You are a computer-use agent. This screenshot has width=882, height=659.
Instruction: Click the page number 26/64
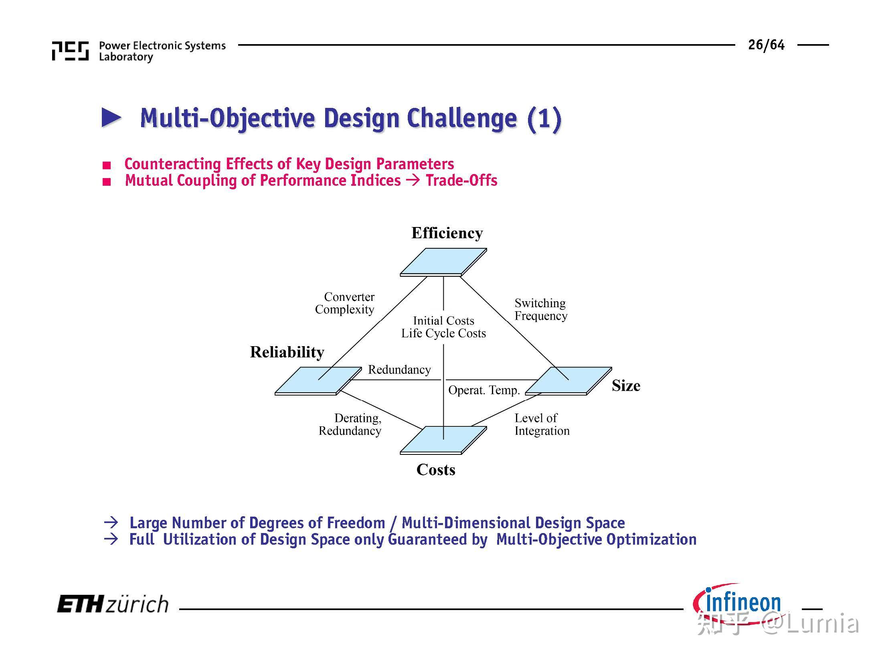click(x=766, y=45)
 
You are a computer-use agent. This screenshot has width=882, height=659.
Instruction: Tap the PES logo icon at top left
click(x=70, y=51)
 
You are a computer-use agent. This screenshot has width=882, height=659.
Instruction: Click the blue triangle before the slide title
click(x=111, y=118)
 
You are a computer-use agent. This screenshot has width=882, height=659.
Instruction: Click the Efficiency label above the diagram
click(x=447, y=233)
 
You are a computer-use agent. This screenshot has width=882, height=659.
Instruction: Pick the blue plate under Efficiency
click(x=443, y=261)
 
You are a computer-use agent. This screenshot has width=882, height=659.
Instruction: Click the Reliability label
click(x=287, y=352)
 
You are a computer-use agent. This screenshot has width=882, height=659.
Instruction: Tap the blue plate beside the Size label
click(x=568, y=380)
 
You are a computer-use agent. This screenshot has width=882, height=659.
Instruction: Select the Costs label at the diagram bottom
click(x=436, y=470)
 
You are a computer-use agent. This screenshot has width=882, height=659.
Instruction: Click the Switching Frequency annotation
click(x=540, y=309)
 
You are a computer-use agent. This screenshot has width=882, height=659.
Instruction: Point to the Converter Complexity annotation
click(x=345, y=303)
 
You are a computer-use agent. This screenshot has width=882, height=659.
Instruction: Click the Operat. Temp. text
click(x=483, y=390)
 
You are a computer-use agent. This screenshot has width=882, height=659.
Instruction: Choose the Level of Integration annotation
click(x=541, y=424)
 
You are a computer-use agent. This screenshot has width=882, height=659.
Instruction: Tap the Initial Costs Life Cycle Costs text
click(x=443, y=327)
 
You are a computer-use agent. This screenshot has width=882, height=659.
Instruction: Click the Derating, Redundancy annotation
click(x=350, y=424)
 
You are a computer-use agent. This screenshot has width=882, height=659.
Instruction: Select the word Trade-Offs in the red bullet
click(x=461, y=180)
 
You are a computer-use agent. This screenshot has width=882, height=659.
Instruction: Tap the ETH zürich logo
click(x=113, y=604)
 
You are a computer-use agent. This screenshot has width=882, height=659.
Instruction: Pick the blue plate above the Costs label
click(x=443, y=440)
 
